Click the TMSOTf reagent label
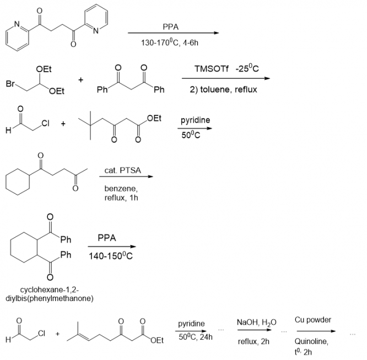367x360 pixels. click(x=212, y=69)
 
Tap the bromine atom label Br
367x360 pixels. click(x=10, y=84)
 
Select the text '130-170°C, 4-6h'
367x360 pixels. click(x=170, y=42)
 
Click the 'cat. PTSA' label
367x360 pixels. click(x=123, y=170)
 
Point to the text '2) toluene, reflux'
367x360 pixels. click(x=223, y=90)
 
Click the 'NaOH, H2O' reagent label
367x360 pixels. click(x=257, y=323)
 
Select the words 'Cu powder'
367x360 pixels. click(x=313, y=320)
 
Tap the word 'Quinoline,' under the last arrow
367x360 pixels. click(x=311, y=341)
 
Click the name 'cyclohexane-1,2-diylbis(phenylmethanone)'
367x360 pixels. click(x=50, y=294)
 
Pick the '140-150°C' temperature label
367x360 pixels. click(x=111, y=256)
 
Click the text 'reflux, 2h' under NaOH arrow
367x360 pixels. click(x=253, y=341)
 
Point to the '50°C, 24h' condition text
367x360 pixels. click(x=196, y=337)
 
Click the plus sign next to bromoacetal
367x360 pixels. click(x=81, y=80)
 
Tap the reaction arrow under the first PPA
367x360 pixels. click(x=173, y=33)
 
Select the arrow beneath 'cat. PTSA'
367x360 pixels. click(x=126, y=177)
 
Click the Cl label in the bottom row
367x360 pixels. click(x=41, y=333)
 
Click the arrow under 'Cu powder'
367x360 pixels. click(x=316, y=331)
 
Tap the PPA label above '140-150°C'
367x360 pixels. click(x=107, y=238)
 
